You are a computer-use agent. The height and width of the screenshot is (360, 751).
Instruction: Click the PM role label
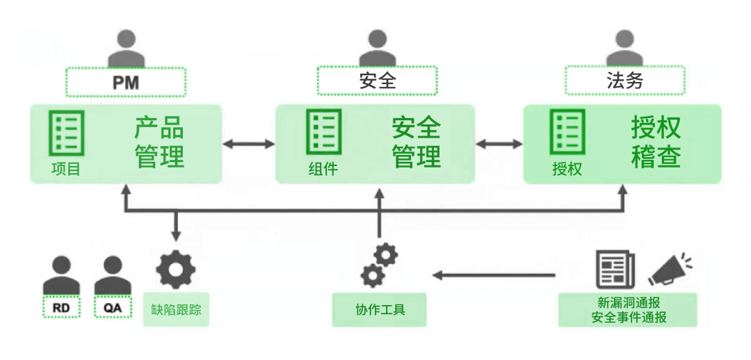point(126,82)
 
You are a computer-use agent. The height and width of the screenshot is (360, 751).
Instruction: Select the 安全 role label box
point(377,81)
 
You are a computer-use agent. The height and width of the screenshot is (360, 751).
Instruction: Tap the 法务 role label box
point(624,81)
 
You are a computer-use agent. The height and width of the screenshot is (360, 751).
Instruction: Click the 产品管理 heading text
point(159,142)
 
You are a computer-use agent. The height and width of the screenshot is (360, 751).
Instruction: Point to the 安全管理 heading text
point(417,142)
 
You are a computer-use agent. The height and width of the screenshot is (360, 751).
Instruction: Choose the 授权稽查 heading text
point(656,142)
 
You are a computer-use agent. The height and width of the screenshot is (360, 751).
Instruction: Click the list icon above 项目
point(66,133)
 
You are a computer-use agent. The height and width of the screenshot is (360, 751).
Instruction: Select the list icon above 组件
point(323,133)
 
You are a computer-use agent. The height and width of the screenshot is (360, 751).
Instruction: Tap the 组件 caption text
point(323,168)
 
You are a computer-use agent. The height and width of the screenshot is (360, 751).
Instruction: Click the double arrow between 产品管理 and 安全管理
point(249,144)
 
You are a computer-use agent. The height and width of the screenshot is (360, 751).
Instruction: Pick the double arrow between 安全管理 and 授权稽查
point(499,144)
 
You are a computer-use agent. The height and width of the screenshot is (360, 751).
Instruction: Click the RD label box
point(60,306)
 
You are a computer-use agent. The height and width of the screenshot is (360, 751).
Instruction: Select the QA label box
point(113,306)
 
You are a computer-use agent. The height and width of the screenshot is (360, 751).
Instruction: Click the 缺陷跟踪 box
point(176,309)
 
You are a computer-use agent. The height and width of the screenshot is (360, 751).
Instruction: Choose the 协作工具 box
point(380,310)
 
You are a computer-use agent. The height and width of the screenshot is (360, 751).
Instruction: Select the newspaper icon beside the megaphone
point(615,270)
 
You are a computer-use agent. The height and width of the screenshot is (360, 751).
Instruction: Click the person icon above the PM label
point(126,50)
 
